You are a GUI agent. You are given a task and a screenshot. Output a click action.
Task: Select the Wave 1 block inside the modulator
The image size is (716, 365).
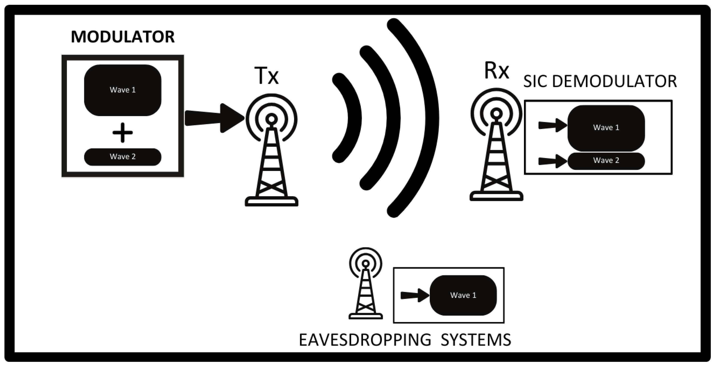point(122,90)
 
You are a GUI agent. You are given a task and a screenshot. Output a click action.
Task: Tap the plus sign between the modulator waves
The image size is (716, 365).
point(122,133)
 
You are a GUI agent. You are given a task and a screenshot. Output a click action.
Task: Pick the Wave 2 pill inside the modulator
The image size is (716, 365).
point(122,157)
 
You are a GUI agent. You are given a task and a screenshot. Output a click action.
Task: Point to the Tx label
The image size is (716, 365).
point(266,76)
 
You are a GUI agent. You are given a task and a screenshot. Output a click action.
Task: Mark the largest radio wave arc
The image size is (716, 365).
point(427,118)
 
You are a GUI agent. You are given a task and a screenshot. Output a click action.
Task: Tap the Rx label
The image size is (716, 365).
point(496,71)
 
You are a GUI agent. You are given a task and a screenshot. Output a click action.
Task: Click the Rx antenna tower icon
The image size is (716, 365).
point(496,150)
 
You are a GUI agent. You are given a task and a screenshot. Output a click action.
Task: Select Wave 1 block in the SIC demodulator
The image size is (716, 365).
point(606,128)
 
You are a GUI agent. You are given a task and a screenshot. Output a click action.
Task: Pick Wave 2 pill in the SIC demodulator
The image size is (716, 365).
point(606,161)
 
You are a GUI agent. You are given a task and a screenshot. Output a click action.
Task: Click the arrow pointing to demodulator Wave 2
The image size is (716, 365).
point(552,161)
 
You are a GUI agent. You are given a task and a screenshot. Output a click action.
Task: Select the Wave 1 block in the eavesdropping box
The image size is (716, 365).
point(463,295)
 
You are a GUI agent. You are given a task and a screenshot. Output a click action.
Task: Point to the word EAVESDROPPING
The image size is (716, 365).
point(365,340)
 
